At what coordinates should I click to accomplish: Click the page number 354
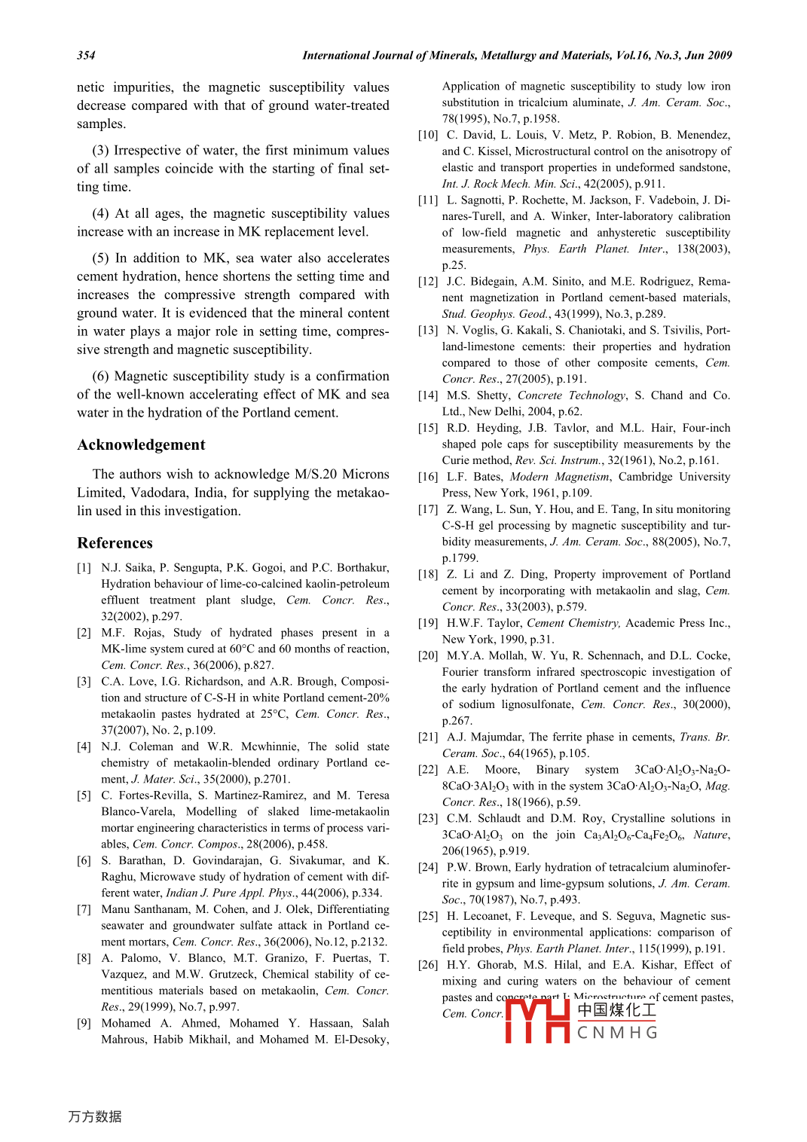pyautogui.click(x=86, y=55)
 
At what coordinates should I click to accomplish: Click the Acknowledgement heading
pyautogui.click(x=141, y=445)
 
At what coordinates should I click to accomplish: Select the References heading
pyautogui.click(x=115, y=543)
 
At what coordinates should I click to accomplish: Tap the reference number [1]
pyautogui.click(x=84, y=568)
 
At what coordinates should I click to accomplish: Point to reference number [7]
pyautogui.click(x=84, y=910)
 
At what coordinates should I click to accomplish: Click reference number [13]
pyautogui.click(x=428, y=331)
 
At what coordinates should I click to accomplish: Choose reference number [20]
pyautogui.click(x=428, y=656)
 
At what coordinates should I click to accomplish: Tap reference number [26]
pyautogui.click(x=428, y=965)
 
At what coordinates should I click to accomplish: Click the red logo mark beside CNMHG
pyautogui.click(x=536, y=1021)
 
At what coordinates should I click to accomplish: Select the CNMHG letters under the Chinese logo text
pyautogui.click(x=617, y=1033)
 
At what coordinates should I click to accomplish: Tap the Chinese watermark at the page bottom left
pyautogui.click(x=95, y=1116)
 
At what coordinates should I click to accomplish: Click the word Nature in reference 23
pyautogui.click(x=711, y=835)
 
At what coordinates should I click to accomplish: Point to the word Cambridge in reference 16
pyautogui.click(x=646, y=477)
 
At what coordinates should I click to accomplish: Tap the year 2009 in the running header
pyautogui.click(x=720, y=55)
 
